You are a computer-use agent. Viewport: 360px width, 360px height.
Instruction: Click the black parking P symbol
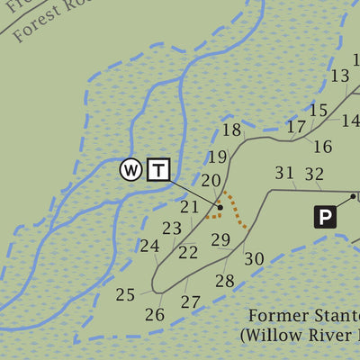(325, 216)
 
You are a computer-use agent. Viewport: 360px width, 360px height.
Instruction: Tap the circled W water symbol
(131, 169)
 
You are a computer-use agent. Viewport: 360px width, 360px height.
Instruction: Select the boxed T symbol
(158, 169)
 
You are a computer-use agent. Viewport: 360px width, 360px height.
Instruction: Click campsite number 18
(232, 130)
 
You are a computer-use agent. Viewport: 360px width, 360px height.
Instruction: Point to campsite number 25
(125, 294)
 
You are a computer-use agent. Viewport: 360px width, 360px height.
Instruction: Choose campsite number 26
(155, 314)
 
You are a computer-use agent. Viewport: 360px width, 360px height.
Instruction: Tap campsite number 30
(254, 258)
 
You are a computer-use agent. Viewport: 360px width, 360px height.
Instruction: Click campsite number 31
(284, 174)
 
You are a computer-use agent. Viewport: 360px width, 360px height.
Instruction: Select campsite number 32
(314, 174)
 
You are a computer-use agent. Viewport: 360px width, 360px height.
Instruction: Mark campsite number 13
(339, 76)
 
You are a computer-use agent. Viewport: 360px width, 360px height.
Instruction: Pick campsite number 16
(322, 146)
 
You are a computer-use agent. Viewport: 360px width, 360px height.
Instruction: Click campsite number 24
(149, 246)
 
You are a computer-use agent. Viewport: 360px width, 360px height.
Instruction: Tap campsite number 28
(224, 281)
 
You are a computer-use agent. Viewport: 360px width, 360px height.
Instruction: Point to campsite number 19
(217, 157)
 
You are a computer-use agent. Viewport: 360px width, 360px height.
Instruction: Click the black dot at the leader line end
(220, 207)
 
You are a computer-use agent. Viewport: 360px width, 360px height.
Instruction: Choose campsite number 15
(319, 111)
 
